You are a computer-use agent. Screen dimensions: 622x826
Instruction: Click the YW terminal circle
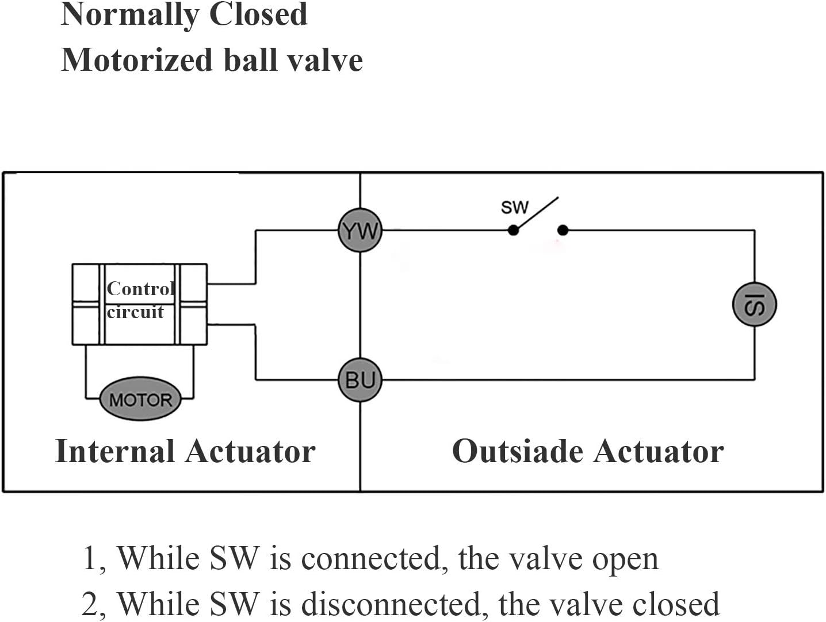[360, 230]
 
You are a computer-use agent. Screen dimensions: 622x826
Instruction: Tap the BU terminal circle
[360, 380]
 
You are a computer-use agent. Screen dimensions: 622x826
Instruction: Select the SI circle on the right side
[754, 304]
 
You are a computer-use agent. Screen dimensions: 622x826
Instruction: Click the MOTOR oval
[140, 399]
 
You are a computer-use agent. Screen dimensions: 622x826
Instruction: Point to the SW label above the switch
[514, 207]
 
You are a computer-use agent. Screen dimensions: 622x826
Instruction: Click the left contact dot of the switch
[513, 230]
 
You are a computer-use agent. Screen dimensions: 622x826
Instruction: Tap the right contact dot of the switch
[563, 230]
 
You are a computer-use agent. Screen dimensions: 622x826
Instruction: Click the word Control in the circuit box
[141, 288]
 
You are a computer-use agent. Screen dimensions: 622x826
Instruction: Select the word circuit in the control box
[135, 312]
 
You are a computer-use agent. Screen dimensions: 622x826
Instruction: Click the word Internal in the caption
[114, 451]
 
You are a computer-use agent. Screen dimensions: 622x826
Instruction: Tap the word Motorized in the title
[137, 60]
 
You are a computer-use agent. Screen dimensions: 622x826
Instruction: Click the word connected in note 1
[373, 559]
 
